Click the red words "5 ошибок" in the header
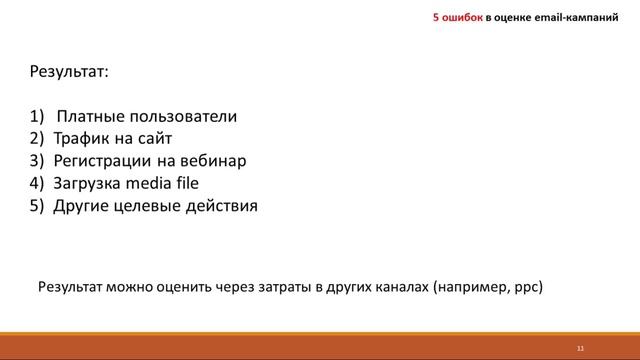tap(457, 17)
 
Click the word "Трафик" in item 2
tap(81, 139)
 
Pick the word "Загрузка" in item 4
tap(90, 183)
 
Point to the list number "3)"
tap(38, 161)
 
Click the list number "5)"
tap(38, 206)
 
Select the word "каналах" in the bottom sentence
tap(397, 285)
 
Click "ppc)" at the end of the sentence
tap(527, 286)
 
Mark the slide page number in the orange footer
tap(579, 347)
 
